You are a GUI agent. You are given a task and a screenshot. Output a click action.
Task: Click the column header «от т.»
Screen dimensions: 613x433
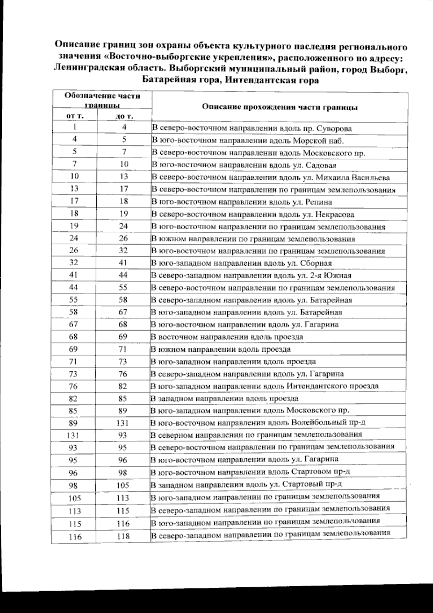point(74,116)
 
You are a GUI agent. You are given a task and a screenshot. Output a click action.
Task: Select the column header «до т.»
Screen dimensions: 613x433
point(124,116)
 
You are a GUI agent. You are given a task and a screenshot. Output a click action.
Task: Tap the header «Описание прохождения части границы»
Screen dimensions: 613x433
point(280,107)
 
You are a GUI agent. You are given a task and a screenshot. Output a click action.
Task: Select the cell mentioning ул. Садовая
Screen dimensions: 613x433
point(244,165)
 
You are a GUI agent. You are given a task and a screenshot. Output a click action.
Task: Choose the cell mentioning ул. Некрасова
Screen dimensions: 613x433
point(253,214)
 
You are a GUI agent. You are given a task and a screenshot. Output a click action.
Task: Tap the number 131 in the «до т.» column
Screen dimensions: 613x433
point(123,423)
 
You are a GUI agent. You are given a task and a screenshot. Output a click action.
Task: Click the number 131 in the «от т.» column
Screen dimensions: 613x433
point(73,435)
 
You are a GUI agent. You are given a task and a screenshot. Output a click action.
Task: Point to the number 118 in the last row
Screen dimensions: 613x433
point(123,536)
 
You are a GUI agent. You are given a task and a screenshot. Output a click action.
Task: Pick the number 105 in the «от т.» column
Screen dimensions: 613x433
point(74,498)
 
